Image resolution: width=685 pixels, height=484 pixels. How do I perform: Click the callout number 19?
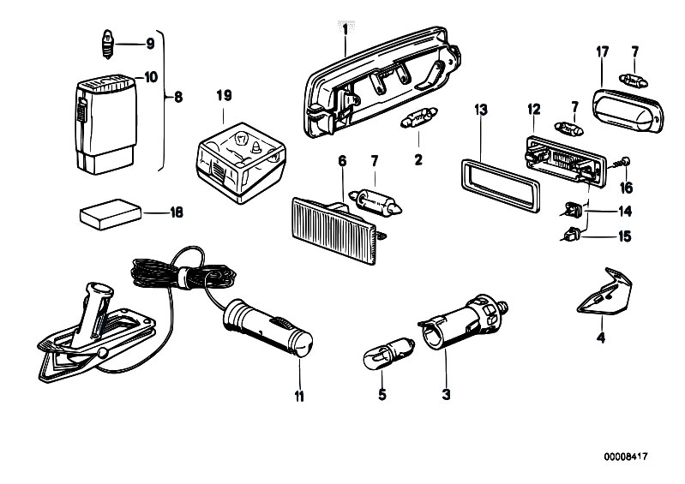click(224, 95)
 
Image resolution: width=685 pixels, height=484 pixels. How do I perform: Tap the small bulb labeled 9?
click(107, 43)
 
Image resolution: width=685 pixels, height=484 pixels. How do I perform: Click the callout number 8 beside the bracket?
click(178, 98)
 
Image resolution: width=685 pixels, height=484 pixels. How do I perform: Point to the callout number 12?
click(533, 109)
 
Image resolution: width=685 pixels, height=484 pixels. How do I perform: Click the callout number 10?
click(150, 77)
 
